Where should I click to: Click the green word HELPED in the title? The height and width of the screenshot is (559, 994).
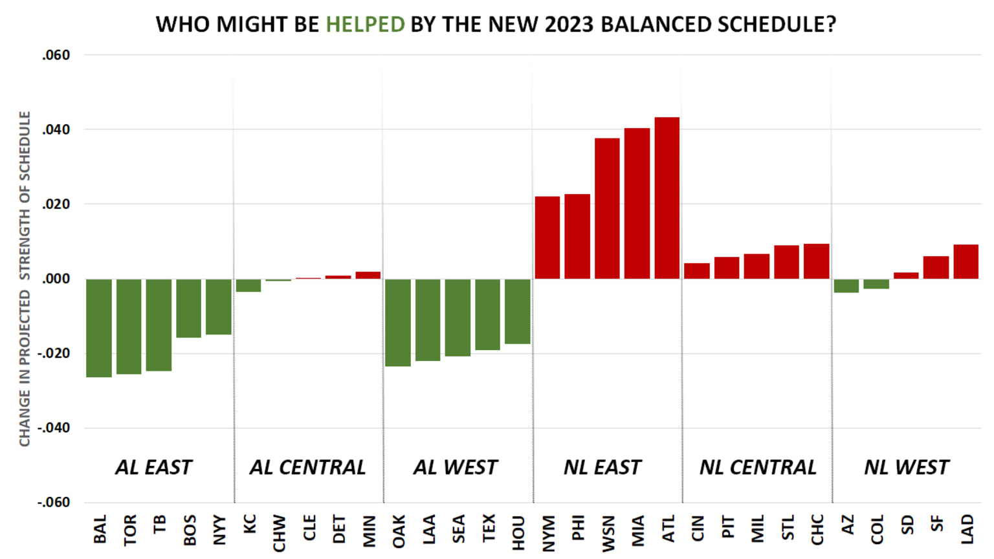(365, 25)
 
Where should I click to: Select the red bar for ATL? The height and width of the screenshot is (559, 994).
(667, 198)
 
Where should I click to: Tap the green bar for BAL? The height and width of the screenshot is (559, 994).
(99, 328)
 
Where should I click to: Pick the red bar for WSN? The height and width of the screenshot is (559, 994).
(607, 208)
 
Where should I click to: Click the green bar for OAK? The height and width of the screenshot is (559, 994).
(398, 322)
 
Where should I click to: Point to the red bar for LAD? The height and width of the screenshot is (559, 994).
(966, 262)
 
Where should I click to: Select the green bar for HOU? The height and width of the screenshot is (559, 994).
(518, 311)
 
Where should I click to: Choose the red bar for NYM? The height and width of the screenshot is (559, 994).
(547, 237)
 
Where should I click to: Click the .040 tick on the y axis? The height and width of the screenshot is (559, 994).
(56, 130)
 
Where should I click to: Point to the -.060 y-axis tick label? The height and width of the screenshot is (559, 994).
(54, 503)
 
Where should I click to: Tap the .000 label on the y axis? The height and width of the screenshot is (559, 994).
(56, 279)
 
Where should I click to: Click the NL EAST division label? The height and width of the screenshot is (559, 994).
(602, 467)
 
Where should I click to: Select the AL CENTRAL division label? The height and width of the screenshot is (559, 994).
(307, 467)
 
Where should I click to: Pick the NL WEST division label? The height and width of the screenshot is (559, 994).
(906, 467)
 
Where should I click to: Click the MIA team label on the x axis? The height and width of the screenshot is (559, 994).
(638, 531)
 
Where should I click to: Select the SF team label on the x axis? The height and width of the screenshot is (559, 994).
(936, 524)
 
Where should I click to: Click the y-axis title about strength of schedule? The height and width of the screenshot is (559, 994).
(25, 279)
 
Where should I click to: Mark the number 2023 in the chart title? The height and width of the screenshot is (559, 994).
(569, 25)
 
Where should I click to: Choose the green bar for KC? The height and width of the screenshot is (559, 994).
(248, 285)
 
